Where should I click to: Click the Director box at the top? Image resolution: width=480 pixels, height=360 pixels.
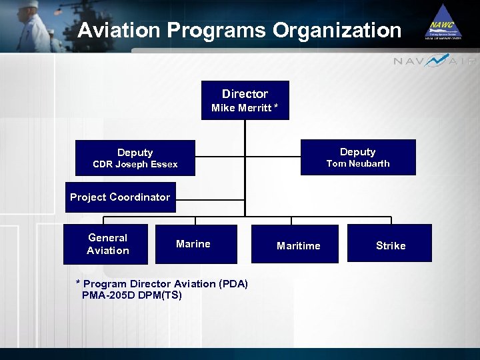[245, 100]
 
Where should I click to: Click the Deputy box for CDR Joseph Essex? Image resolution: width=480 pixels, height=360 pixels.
[135, 158]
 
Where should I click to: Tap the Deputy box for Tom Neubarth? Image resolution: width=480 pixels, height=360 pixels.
[358, 157]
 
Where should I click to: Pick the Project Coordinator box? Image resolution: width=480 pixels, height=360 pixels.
[120, 197]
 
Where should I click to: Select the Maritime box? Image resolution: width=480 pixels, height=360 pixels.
[298, 245]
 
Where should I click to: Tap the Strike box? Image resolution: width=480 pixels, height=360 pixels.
[390, 245]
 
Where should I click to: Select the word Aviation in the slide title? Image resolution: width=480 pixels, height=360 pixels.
[119, 31]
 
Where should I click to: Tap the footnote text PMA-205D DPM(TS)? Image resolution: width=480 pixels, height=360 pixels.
[131, 295]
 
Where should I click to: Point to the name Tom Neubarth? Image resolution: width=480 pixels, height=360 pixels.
[358, 164]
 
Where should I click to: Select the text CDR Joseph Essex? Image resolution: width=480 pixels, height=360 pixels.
[135, 165]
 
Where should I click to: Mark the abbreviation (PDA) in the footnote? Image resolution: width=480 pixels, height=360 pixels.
[233, 284]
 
